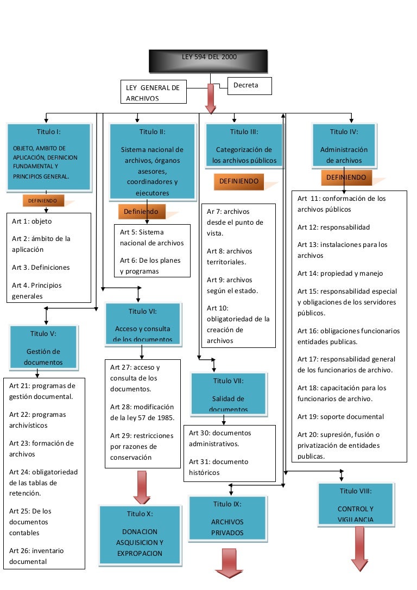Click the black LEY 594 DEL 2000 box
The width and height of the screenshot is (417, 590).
[x=208, y=61]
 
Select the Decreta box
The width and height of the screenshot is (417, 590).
[x=250, y=86]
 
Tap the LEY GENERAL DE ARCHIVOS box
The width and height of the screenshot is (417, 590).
[x=153, y=92]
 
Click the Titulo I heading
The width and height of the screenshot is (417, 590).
[x=48, y=131]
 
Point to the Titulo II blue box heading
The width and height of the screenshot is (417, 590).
[x=152, y=131]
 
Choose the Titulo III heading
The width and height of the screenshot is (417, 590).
[x=244, y=131]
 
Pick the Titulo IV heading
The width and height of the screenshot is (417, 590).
[x=344, y=131]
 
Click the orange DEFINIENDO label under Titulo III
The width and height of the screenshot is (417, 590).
[x=239, y=181]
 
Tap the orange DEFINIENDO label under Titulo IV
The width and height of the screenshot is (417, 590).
[x=346, y=177]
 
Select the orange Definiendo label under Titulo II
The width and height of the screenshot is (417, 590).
[x=141, y=211]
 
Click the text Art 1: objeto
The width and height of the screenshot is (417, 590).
[x=32, y=221]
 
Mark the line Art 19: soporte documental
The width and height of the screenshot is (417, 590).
[x=340, y=417]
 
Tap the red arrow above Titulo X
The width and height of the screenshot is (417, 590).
[x=142, y=487]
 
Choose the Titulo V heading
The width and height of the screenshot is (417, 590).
[x=43, y=333]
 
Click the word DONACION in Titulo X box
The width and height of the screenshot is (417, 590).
[x=140, y=531]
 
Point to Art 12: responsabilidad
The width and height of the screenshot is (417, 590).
[x=333, y=227]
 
